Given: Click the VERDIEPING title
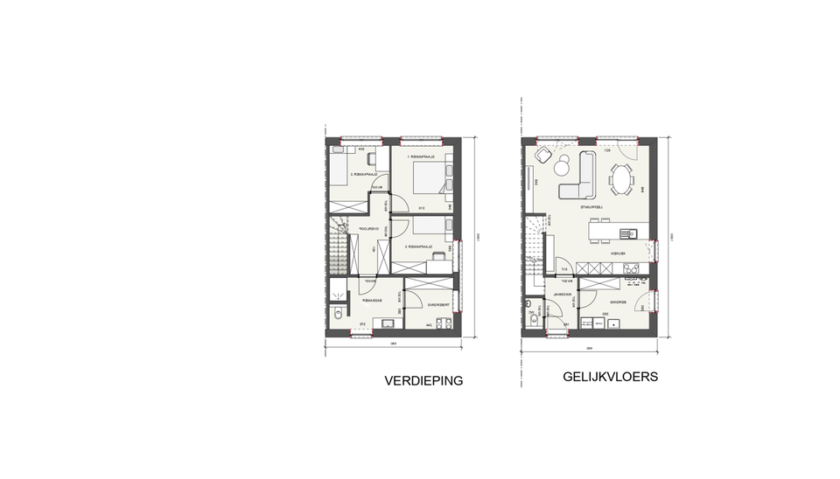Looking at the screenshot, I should (423, 381).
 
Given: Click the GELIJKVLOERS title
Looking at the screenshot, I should (611, 378).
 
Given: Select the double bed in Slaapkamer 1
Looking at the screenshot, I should (426, 177).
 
